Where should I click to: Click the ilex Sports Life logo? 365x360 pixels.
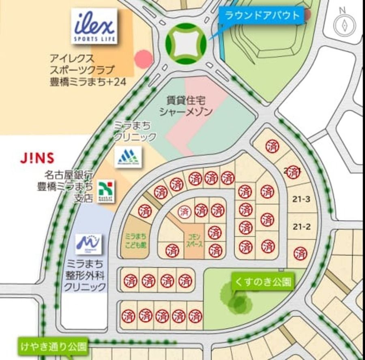tap(94, 27)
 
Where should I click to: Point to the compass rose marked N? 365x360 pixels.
tap(344, 24)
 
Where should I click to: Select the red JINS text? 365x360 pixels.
tap(37, 158)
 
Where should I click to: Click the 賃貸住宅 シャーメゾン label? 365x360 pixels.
tap(186, 106)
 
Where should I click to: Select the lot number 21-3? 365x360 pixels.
tap(301, 199)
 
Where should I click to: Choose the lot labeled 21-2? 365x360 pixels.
tap(301, 227)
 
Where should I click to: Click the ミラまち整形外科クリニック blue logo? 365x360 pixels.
tap(88, 244)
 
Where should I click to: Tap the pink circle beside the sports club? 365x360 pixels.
tap(144, 59)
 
